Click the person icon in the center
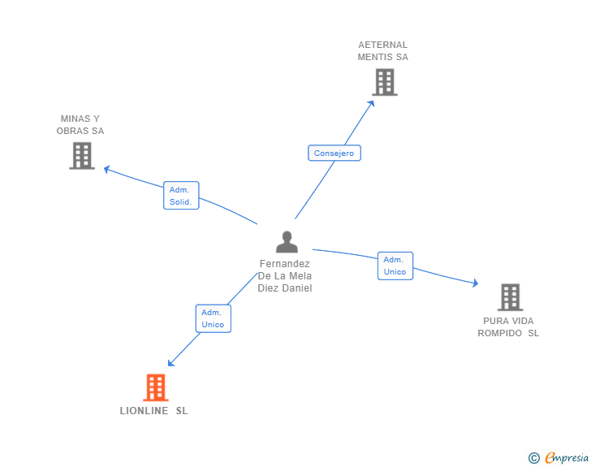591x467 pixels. coord(287,242)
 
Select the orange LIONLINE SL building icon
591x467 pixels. coord(155,387)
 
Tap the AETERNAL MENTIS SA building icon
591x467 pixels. coord(385,82)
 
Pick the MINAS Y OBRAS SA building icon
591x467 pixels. coord(82,155)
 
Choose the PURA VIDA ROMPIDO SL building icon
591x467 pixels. coord(510,297)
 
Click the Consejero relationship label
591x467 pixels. coord(334,153)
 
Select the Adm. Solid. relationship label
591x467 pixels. coord(181,196)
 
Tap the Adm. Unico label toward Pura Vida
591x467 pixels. coord(395,266)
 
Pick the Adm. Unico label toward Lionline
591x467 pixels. coord(214,318)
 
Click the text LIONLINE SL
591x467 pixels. coord(154,411)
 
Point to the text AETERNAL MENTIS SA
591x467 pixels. coord(383,51)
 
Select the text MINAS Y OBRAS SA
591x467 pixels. coord(80,125)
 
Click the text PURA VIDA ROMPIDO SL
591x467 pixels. coord(508,326)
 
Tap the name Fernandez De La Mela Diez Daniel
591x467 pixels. coord(285,276)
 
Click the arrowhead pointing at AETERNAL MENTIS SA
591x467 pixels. coord(372,102)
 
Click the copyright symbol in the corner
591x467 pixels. coord(533,458)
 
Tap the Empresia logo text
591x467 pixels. coord(567,458)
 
